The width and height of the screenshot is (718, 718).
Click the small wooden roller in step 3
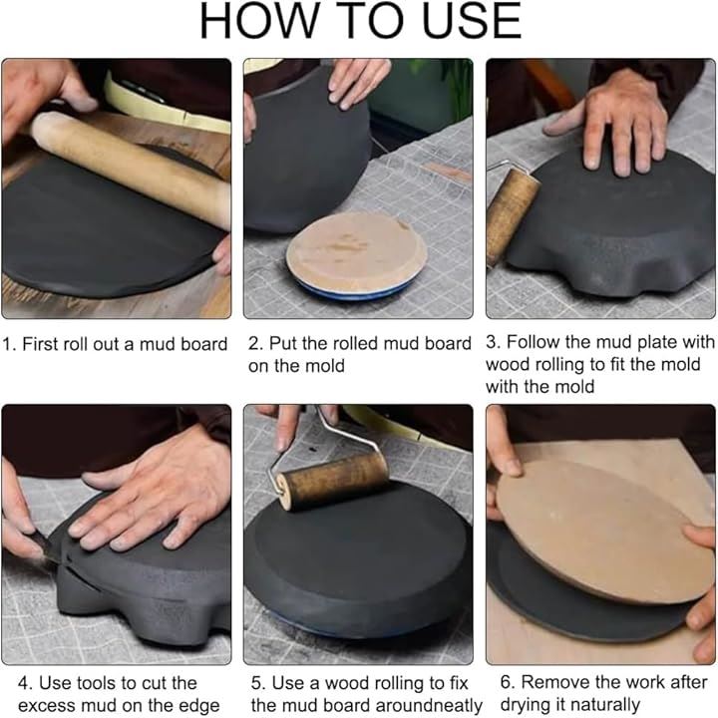tap(512, 214)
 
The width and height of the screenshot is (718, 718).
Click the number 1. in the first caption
tap(10, 344)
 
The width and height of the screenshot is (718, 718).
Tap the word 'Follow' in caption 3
tap(533, 342)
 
